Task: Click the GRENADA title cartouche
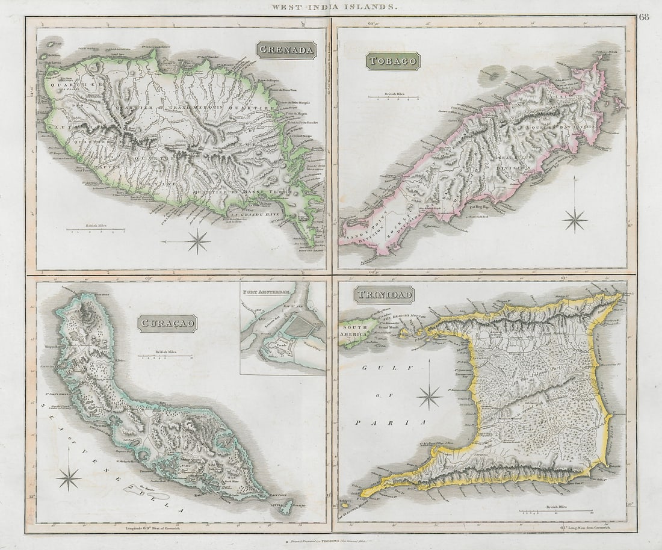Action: (286, 50)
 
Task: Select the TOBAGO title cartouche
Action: (393, 61)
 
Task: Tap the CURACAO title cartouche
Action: (167, 323)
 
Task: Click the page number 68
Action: (644, 16)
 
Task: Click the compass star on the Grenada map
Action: (197, 242)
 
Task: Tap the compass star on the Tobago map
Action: (575, 220)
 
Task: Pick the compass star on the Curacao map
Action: (69, 478)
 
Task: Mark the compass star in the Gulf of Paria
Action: (429, 397)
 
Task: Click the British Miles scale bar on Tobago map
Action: (393, 96)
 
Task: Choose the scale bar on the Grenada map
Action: (95, 230)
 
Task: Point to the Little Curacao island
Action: (288, 508)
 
